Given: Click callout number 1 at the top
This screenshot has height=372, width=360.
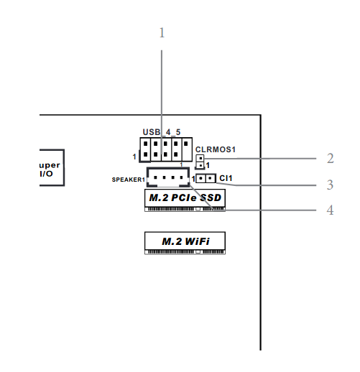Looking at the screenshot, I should coord(162,33).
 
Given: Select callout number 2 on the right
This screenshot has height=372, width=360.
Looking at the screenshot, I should coord(330,158).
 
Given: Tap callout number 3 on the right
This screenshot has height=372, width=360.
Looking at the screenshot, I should coord(330,185).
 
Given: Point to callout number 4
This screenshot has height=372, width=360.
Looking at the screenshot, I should coord(330,210).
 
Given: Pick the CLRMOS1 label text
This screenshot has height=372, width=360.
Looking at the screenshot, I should coord(216,149).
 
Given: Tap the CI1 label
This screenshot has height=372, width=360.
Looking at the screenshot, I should coord(226,178).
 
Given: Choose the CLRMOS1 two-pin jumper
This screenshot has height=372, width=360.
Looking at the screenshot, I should coord(200,161).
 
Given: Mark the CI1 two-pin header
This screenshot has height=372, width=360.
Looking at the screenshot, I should coord(206,178).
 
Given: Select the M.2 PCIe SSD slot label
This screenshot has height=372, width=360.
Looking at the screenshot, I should coord(185,197).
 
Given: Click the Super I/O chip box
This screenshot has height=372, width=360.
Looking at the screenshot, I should coord(50,168).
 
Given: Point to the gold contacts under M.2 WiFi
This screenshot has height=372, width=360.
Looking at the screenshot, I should coord(185,251).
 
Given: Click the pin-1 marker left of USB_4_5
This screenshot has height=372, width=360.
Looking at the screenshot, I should coord(134,156).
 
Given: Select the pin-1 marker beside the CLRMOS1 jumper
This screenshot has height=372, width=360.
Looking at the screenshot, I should coord(208,166).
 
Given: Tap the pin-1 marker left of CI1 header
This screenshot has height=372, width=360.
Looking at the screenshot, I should coord(193,178).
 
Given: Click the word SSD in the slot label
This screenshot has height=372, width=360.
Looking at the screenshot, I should coord(211,197).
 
